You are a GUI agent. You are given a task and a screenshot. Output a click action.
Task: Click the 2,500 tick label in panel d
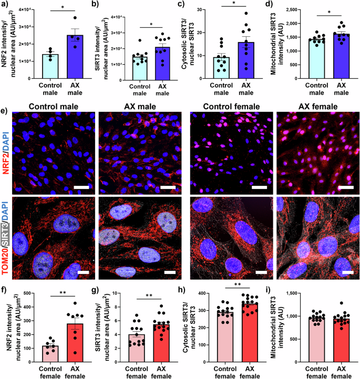tap(288, 9)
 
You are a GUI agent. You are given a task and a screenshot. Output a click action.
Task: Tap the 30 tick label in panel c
tap(213, 9)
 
